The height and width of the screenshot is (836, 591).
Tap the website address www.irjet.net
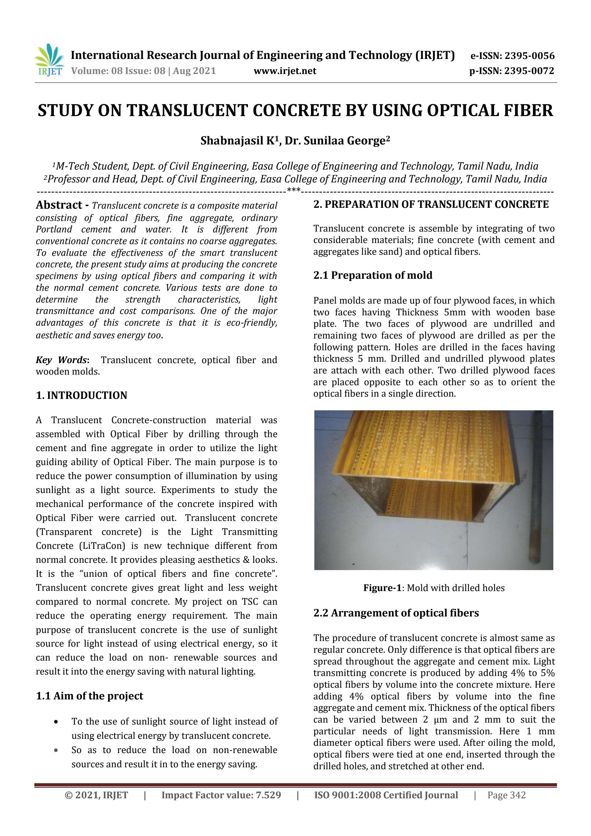pos(285,71)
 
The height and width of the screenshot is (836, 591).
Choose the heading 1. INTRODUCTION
pos(82,396)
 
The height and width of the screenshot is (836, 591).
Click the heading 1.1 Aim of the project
pos(90,696)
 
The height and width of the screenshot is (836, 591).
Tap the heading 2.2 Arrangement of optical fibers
pos(396,613)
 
